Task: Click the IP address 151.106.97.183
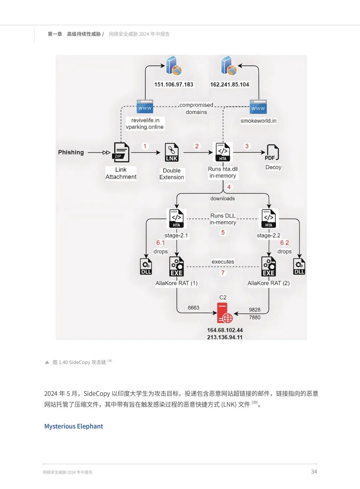174,84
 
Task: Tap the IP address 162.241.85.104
229,84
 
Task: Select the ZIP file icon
121,152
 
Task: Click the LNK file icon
172,152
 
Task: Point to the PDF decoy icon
272,153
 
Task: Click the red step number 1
145,146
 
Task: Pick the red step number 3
247,146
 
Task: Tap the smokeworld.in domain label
258,121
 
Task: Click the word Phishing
71,152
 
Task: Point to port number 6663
193,308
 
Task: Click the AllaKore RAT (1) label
177,283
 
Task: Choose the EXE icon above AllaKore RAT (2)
269,267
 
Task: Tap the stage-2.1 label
176,235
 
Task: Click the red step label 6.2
284,243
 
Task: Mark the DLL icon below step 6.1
146,267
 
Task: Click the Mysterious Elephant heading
74,426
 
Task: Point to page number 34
314,472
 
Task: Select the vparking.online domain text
145,127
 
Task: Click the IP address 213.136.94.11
225,337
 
